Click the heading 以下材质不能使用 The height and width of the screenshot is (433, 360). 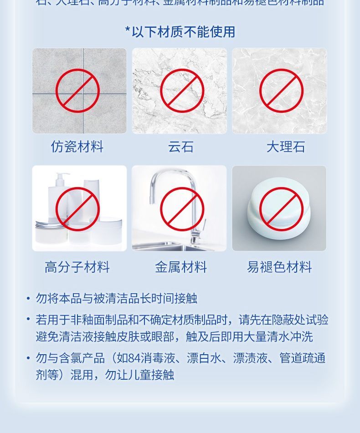[183, 32]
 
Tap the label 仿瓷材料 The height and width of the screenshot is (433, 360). [77, 147]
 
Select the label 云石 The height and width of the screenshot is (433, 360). [181, 147]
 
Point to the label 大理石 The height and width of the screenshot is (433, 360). [285, 147]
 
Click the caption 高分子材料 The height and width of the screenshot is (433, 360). [77, 267]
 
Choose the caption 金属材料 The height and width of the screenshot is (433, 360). [181, 267]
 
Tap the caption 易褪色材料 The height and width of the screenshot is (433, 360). [279, 267]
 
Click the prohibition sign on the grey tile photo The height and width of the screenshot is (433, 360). [77, 91]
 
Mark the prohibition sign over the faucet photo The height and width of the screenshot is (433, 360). [182, 209]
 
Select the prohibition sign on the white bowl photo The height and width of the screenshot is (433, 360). [281, 209]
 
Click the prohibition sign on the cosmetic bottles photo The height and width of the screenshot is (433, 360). [77, 209]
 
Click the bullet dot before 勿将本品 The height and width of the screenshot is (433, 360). [28, 298]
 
